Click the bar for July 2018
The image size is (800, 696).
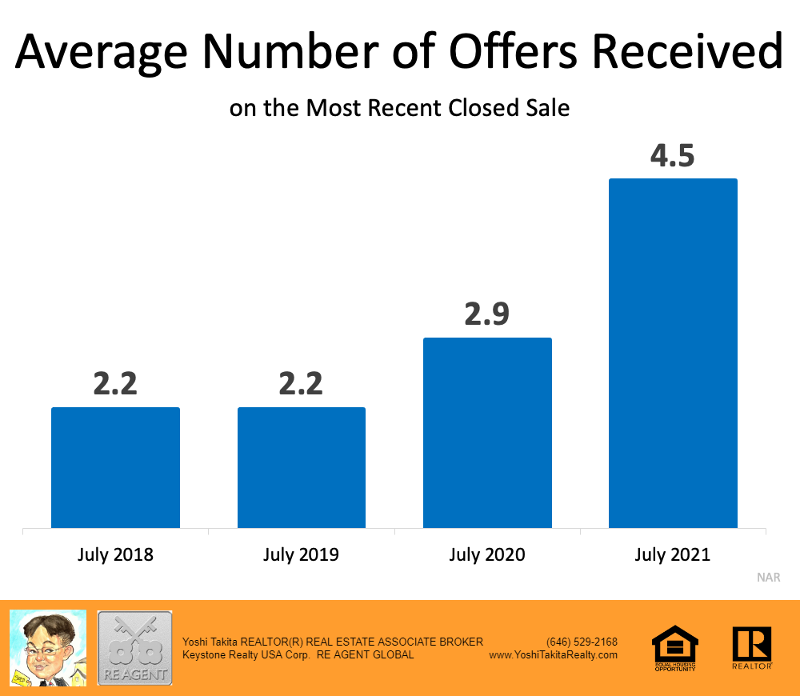click(x=115, y=468)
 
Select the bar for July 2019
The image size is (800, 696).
click(x=302, y=468)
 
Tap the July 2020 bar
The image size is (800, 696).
click(x=487, y=433)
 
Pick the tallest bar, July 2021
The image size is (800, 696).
click(x=673, y=353)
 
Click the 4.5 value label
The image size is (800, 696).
click(x=672, y=154)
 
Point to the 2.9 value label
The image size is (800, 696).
click(x=486, y=314)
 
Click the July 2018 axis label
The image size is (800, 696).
click(x=115, y=554)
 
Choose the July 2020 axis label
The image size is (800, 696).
click(x=487, y=554)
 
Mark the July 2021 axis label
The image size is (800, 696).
click(x=673, y=554)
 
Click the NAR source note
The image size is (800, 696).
click(x=768, y=577)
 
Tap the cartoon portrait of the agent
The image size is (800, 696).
click(x=47, y=648)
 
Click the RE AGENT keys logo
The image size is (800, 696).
click(x=134, y=648)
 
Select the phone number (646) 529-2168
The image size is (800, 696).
click(x=582, y=642)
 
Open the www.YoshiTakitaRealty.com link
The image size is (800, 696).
click(x=553, y=654)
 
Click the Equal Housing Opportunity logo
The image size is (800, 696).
click(x=675, y=648)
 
